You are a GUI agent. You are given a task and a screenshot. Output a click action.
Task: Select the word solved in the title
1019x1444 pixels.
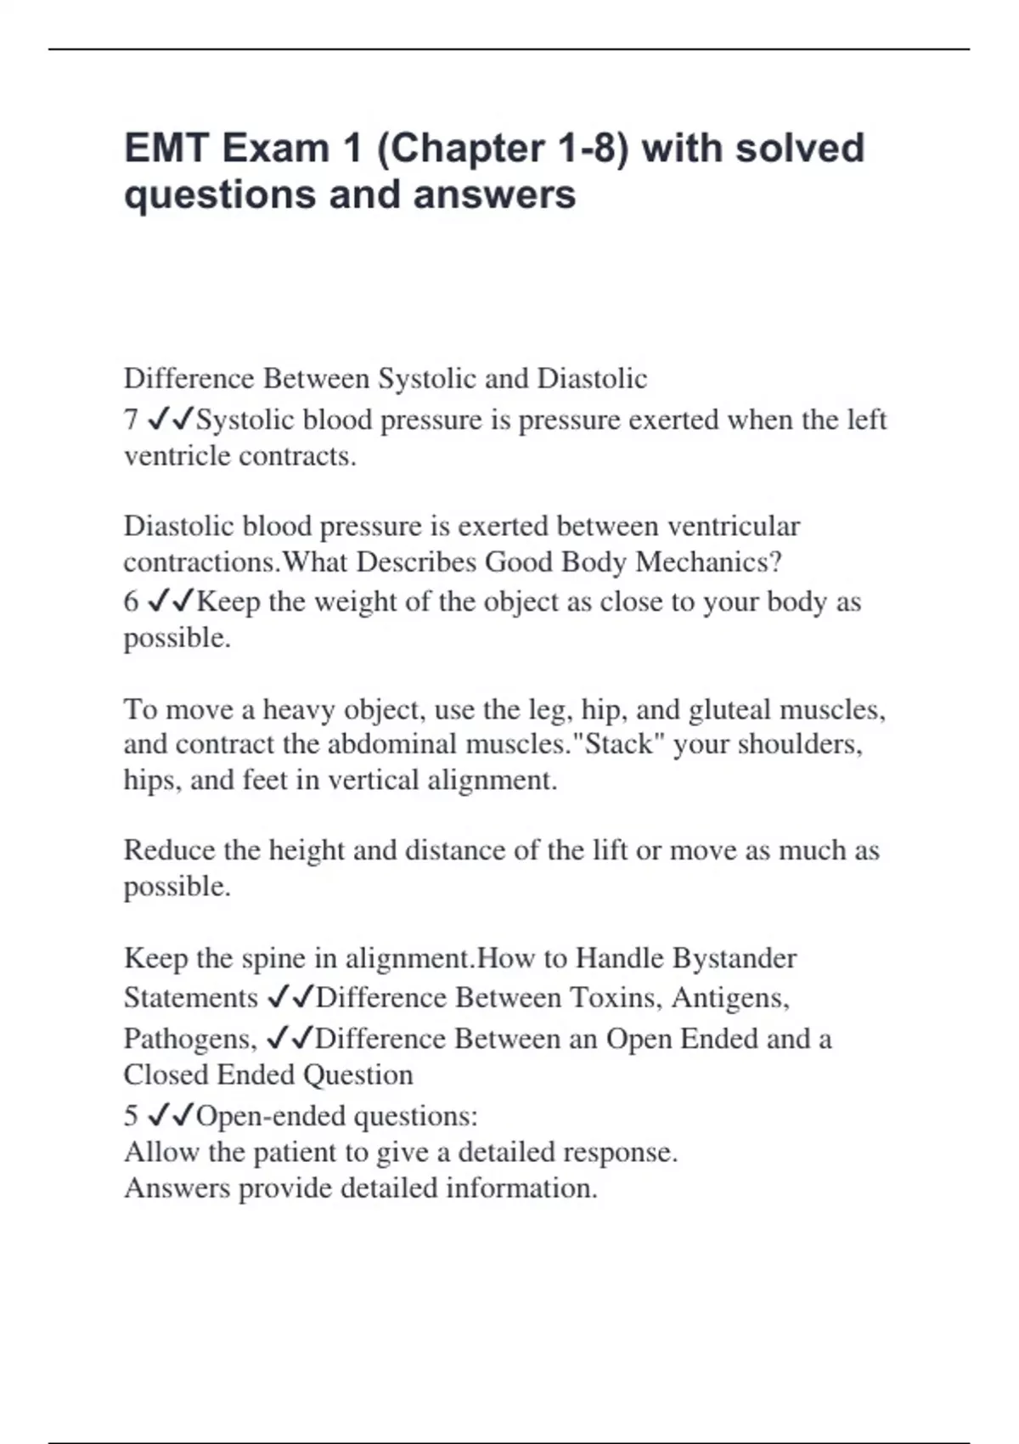[x=800, y=149]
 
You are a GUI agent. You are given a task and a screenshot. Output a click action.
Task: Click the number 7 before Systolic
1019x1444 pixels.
[x=131, y=420]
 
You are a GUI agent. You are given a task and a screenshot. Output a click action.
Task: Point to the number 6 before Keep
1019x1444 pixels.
[x=131, y=601]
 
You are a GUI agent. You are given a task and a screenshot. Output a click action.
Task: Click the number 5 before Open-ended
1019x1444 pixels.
[x=131, y=1115]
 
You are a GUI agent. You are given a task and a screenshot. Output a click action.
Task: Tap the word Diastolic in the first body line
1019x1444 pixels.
[x=592, y=378]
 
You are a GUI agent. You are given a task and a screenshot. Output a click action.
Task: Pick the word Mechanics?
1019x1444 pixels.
[x=708, y=562]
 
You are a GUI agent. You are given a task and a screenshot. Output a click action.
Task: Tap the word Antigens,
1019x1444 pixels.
[x=730, y=997]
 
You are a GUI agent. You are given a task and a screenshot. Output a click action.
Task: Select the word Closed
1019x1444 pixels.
[x=166, y=1075]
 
